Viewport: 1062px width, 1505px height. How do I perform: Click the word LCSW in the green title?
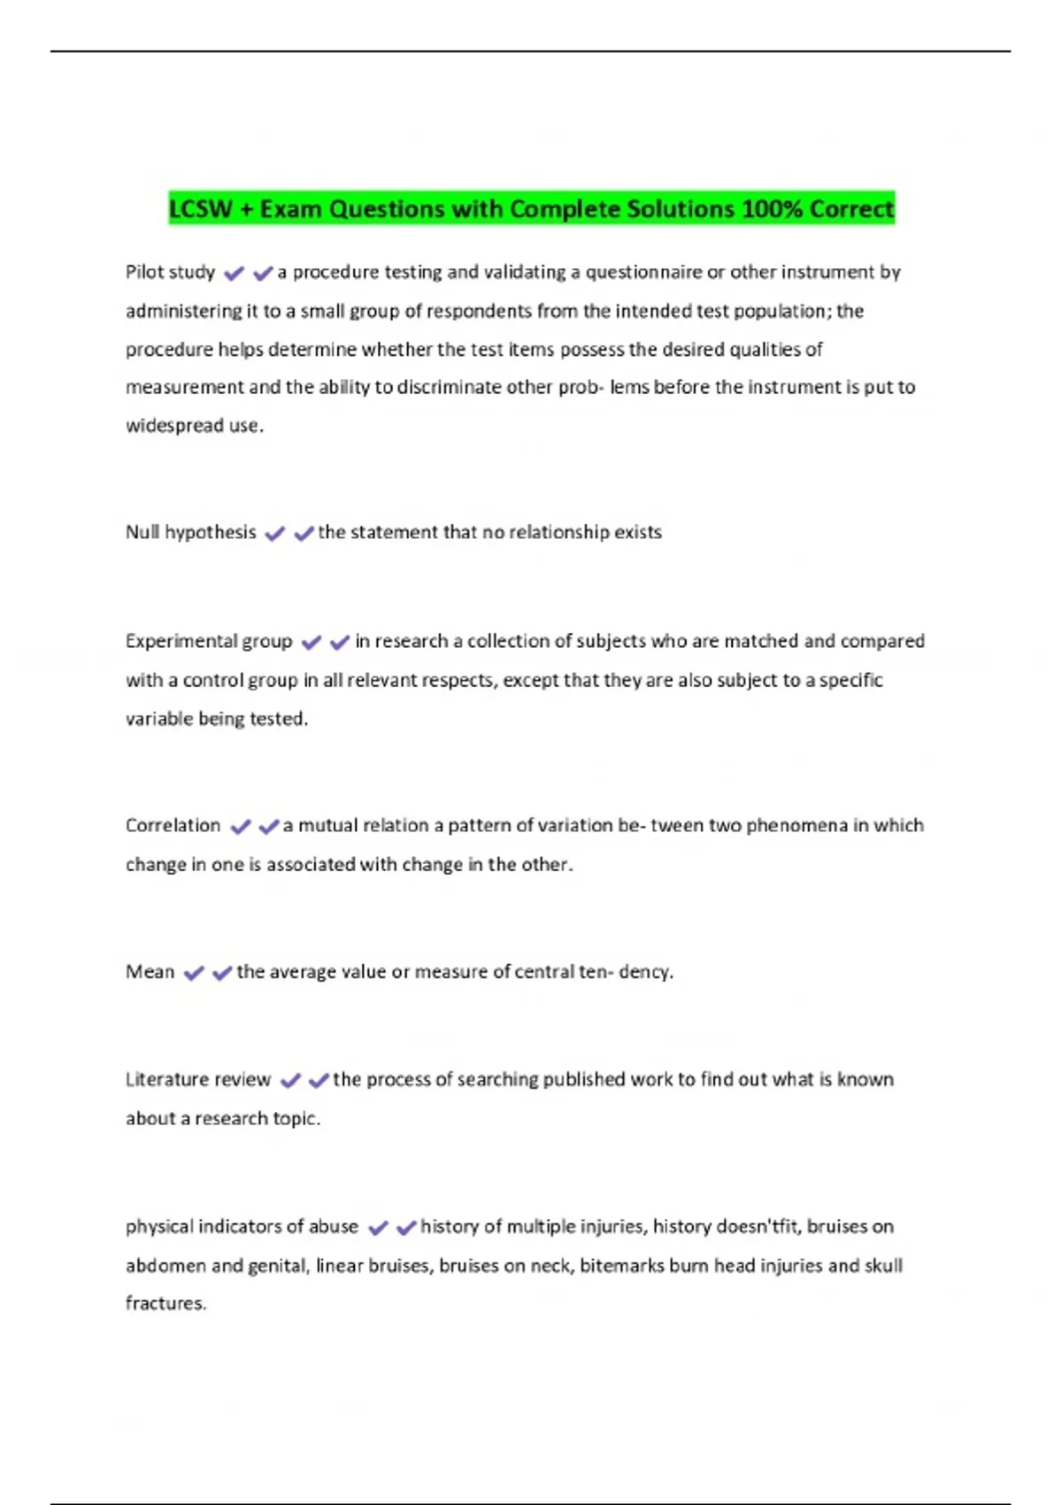click(x=200, y=209)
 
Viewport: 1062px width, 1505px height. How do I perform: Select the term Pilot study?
click(x=170, y=272)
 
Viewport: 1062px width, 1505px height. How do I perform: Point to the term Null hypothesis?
click(x=190, y=532)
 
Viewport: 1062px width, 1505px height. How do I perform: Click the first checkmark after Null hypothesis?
click(x=274, y=533)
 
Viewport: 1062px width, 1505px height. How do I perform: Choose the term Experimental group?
click(x=209, y=641)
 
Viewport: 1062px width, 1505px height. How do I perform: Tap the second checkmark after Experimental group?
click(x=340, y=642)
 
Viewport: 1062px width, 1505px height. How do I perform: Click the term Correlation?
click(x=173, y=825)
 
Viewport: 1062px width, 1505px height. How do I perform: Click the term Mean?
click(x=150, y=972)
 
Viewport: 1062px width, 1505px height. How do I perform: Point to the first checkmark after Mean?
click(x=193, y=973)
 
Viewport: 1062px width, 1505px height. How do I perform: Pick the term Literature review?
click(x=198, y=1079)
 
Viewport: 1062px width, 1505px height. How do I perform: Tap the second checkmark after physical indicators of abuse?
click(x=406, y=1227)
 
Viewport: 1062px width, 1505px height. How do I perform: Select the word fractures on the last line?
click(x=165, y=1303)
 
